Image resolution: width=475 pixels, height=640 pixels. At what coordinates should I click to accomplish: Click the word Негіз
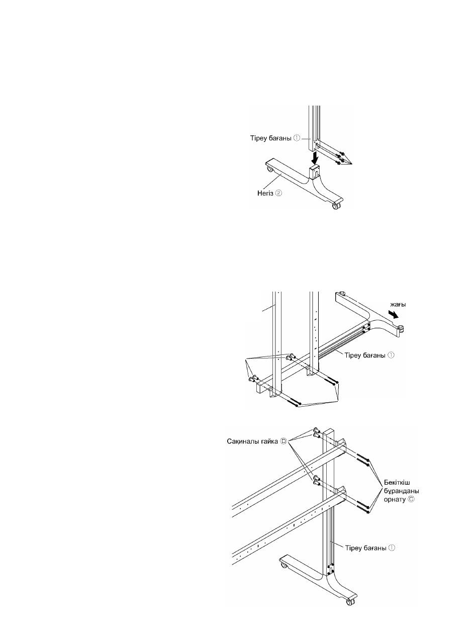264,193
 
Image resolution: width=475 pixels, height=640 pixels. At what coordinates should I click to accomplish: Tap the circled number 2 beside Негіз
278,193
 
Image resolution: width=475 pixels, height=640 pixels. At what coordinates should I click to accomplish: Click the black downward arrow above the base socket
316,158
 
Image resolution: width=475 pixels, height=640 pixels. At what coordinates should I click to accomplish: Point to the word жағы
398,305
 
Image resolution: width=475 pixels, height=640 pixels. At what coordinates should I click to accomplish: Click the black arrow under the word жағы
394,314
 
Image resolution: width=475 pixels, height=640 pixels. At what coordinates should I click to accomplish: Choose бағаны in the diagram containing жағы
374,355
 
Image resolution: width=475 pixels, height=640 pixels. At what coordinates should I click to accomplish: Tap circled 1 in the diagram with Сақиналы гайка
392,547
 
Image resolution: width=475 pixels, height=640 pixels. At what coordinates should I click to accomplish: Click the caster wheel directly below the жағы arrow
400,328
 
